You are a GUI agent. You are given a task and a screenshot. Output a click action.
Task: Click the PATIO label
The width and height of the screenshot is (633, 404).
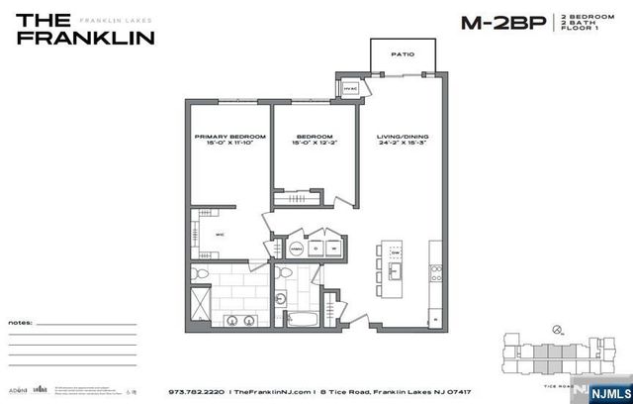pos(402,54)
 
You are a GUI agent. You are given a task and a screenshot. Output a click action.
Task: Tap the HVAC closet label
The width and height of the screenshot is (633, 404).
pos(350,89)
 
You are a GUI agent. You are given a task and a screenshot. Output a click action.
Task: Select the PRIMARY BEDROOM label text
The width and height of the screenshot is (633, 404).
pos(229,136)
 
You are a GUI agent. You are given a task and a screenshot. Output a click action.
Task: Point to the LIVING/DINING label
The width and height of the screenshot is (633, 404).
pos(403,136)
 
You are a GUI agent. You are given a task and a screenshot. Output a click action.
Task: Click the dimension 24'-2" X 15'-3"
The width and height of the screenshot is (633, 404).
pos(403,144)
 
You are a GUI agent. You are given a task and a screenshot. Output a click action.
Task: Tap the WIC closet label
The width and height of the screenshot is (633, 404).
pos(221,235)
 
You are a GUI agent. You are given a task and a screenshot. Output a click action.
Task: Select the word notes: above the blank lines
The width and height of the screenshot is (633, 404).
pos(21,323)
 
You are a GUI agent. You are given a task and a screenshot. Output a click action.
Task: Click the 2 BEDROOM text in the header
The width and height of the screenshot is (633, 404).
pos(588,18)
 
